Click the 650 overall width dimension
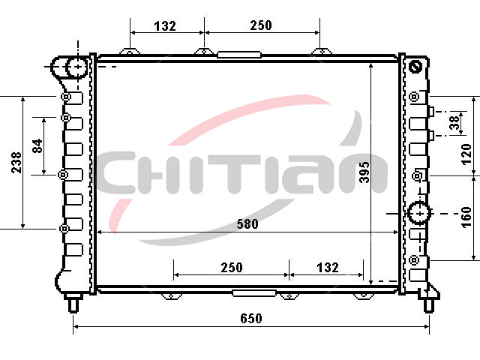(251, 318)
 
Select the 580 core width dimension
(247, 224)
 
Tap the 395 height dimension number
(364, 172)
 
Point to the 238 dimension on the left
(16, 163)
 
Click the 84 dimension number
(37, 145)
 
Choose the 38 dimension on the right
(455, 122)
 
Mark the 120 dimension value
(466, 154)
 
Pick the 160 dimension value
(466, 217)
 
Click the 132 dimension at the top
(165, 26)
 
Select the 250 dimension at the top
(261, 25)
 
